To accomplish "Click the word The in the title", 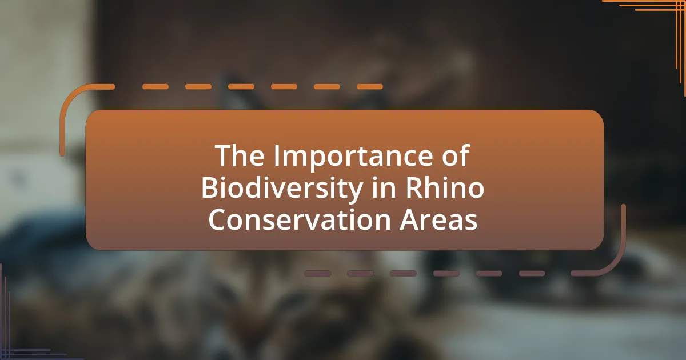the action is click(x=240, y=155).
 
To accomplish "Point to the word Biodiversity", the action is click(x=282, y=190).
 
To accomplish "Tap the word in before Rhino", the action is click(x=384, y=187).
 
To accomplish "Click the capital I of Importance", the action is click(x=277, y=155).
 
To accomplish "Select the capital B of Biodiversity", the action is click(x=210, y=187).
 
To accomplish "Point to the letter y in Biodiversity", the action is click(x=354, y=193).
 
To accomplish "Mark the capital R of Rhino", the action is click(x=414, y=187).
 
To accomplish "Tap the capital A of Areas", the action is click(x=409, y=219).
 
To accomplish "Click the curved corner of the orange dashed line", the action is click(x=70, y=98).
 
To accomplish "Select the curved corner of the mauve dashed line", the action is click(x=616, y=263).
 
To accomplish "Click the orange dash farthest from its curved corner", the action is click(x=370, y=87).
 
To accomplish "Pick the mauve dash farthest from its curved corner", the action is click(x=318, y=273).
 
